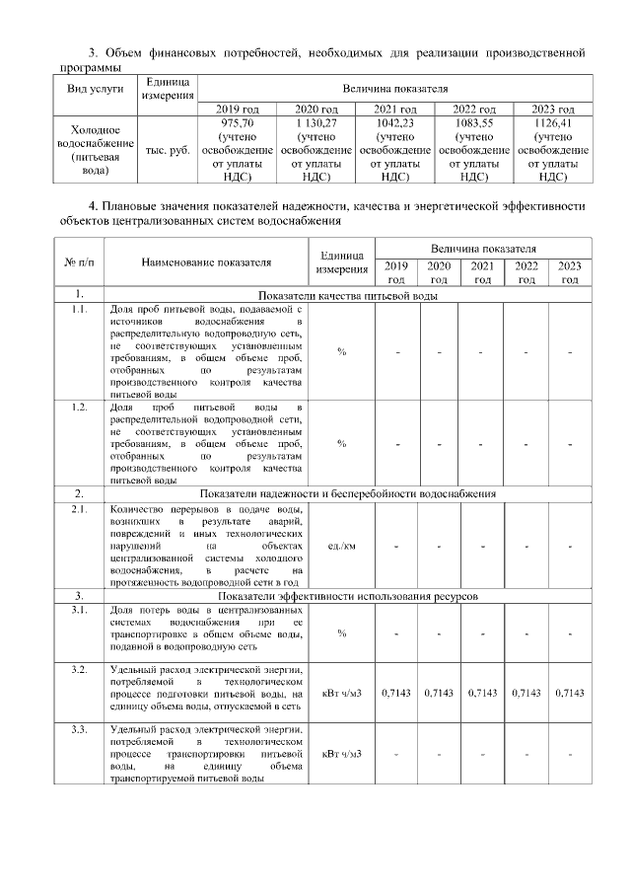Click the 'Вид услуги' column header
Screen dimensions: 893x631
(x=95, y=88)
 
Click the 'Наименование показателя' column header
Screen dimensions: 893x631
(x=205, y=262)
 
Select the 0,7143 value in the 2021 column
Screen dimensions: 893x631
(x=482, y=693)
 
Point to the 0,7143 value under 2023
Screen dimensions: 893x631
(x=570, y=693)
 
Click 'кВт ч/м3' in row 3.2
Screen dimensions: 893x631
(x=341, y=693)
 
